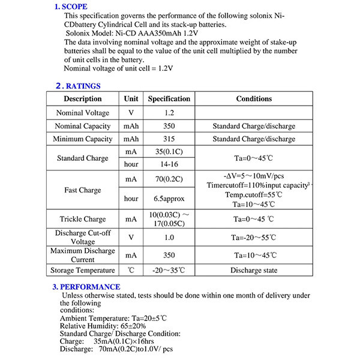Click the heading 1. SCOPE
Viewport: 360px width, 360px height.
coord(71,7)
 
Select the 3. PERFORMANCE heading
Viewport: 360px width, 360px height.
coord(86,287)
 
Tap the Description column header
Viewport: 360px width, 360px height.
coord(83,99)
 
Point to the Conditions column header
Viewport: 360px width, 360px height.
coord(254,99)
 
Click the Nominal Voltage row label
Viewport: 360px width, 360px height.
coord(83,113)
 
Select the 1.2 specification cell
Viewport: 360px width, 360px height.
coord(169,113)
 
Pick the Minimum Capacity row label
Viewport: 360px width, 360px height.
coord(83,139)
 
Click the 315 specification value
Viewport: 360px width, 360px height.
coord(169,139)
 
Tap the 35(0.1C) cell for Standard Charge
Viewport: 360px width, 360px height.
coord(169,152)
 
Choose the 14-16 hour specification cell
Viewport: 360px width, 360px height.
coord(169,164)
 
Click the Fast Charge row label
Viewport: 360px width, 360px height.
coord(83,190)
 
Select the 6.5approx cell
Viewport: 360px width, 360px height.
coord(169,199)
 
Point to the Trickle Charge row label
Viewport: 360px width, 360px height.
coord(83,219)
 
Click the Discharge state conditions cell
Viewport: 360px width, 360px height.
coord(254,270)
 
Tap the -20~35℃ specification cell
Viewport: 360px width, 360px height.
coord(169,270)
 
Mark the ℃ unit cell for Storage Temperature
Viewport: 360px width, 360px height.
coord(131,270)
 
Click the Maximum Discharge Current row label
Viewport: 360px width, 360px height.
coord(83,254)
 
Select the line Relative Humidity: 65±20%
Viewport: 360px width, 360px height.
coord(103,326)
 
